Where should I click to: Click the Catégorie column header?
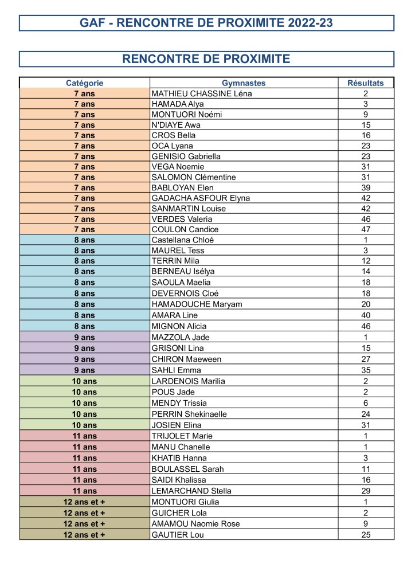(84, 83)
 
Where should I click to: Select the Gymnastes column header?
(244, 83)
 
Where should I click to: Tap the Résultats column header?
(366, 83)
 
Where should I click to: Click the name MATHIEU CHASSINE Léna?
(202, 93)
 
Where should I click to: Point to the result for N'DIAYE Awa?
(366, 125)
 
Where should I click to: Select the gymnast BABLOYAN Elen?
(182, 187)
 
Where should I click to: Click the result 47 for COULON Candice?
(366, 229)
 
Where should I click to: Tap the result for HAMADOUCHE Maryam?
(366, 304)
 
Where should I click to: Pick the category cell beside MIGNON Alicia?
(84, 326)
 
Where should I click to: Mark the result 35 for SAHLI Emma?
(366, 370)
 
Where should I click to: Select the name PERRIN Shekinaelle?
(189, 413)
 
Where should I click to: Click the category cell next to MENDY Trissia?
(84, 403)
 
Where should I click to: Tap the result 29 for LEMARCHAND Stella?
(366, 491)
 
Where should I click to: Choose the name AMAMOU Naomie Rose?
(195, 523)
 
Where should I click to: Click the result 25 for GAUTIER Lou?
(366, 535)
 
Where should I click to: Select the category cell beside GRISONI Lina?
(84, 348)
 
